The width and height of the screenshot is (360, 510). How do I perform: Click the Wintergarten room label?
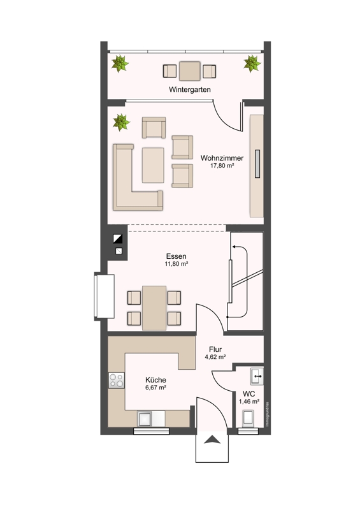(189, 90)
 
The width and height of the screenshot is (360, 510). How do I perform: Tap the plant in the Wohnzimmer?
(120, 122)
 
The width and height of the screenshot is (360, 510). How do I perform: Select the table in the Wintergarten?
(189, 70)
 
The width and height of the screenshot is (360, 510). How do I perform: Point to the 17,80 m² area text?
(222, 166)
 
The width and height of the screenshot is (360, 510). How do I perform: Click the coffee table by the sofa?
(153, 164)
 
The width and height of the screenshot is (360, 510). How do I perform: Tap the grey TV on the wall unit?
(257, 165)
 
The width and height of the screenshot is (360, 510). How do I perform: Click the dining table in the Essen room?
(154, 307)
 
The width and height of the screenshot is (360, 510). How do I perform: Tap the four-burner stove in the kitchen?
(116, 381)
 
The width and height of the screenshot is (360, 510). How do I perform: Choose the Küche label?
(156, 379)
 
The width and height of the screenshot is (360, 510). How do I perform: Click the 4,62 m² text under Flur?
(215, 358)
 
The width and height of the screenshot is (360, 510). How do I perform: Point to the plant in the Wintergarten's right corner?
(252, 63)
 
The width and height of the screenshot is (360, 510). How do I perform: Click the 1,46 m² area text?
(248, 402)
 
